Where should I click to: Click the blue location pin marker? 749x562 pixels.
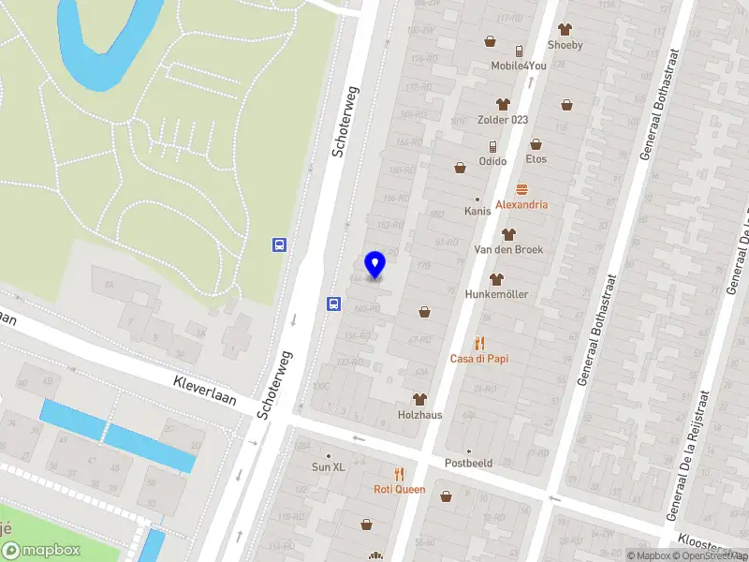click(x=375, y=265)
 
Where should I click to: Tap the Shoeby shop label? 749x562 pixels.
click(x=565, y=45)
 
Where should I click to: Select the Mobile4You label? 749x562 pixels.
click(x=518, y=66)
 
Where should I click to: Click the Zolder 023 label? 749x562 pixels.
click(x=504, y=120)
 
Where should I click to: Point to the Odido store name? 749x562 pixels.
click(x=492, y=160)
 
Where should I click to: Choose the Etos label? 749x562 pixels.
click(x=536, y=159)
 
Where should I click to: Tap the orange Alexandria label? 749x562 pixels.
click(x=521, y=204)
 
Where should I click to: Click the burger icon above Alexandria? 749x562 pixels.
click(x=521, y=189)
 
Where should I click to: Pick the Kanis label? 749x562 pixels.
click(x=477, y=211)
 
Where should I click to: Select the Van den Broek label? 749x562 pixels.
click(x=508, y=249)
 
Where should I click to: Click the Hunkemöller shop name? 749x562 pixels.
click(x=496, y=294)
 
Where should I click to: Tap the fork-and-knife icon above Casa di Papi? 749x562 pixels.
click(x=479, y=343)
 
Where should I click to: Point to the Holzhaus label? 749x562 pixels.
click(x=419, y=414)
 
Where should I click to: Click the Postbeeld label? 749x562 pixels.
click(x=469, y=463)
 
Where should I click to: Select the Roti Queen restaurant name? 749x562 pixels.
click(x=399, y=489)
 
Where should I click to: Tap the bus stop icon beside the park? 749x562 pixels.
click(x=279, y=244)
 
